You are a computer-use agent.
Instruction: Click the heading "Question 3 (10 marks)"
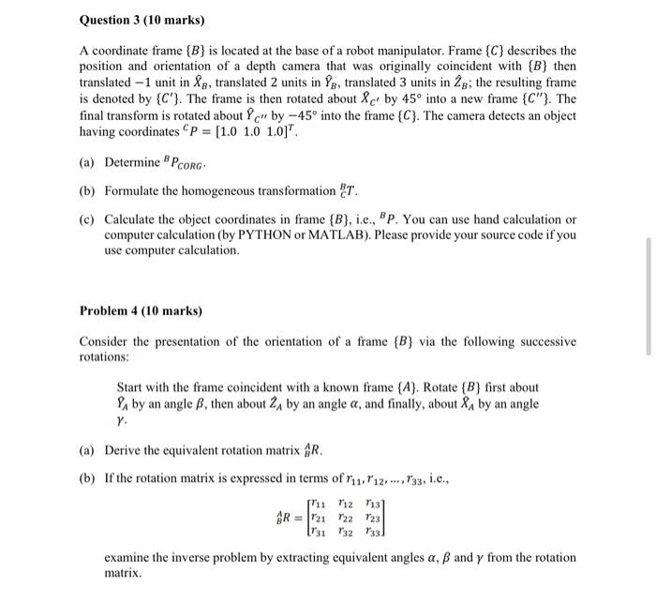click(142, 19)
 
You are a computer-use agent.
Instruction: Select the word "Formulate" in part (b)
click(136, 191)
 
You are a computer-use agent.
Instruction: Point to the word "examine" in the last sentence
click(128, 557)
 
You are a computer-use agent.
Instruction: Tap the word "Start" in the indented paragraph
click(133, 387)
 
